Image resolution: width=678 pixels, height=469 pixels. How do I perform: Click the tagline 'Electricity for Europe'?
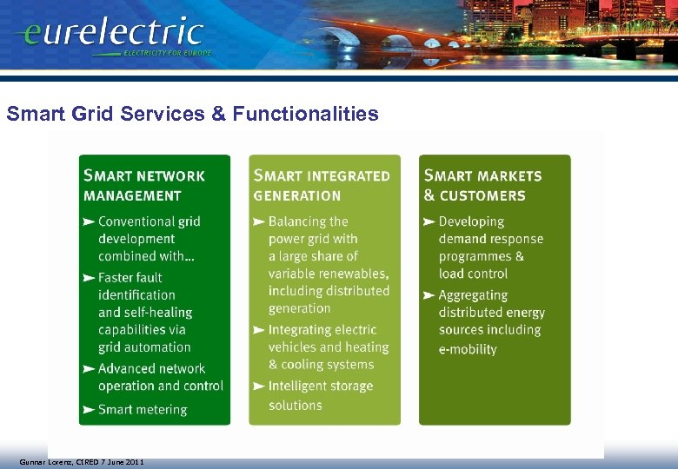pos(167,53)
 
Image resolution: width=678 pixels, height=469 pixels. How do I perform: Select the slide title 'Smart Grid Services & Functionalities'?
pos(192,114)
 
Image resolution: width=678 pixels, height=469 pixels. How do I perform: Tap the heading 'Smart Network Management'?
pos(143,185)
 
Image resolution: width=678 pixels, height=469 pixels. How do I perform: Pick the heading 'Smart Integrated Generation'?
pos(322,185)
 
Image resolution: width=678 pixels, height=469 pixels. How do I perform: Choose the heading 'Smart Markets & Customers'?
pos(482,185)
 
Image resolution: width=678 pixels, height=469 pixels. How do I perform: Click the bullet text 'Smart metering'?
pos(143,409)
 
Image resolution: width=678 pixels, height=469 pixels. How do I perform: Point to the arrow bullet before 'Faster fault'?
pos(88,278)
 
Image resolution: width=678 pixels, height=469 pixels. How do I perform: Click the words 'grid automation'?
pos(144,347)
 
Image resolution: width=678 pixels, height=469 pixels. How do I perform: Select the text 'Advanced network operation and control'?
pos(160,377)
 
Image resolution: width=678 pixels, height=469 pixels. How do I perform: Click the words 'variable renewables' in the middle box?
pos(328,274)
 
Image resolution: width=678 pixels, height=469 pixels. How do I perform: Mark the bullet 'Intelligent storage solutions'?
pos(320,395)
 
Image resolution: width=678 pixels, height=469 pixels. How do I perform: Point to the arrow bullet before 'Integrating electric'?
pos(258,331)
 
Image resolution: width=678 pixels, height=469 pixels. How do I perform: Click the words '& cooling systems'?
pos(321,365)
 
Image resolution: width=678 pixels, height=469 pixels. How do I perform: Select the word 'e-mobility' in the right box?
pos(468,349)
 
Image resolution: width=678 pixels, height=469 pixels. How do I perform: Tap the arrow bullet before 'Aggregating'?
pos(429,296)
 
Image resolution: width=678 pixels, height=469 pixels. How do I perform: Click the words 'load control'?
pos(473,274)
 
